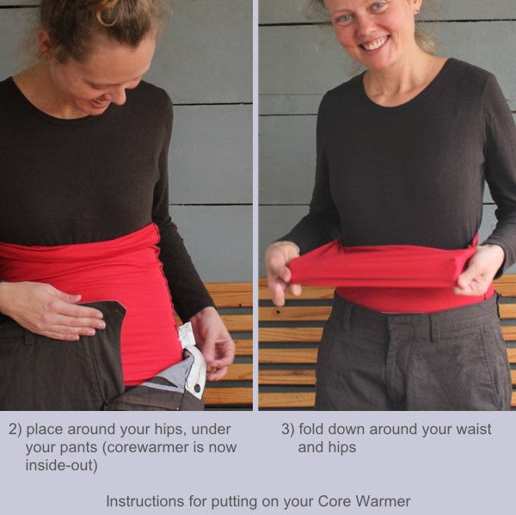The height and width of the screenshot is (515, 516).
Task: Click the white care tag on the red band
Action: (187, 335)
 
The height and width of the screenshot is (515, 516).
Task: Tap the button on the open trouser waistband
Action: (198, 388)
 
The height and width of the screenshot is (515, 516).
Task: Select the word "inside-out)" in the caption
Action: (62, 466)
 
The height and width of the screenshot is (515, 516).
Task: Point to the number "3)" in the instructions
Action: (287, 430)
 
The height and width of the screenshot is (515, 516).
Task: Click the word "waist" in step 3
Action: (474, 429)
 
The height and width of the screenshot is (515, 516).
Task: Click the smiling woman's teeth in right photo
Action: (374, 44)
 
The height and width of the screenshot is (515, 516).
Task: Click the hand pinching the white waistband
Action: (212, 343)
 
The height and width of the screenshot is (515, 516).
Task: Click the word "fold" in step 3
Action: (311, 429)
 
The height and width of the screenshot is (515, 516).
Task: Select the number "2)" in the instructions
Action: (15, 430)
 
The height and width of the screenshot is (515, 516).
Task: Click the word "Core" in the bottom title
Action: (333, 501)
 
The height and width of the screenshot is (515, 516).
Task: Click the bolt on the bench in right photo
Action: (278, 311)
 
